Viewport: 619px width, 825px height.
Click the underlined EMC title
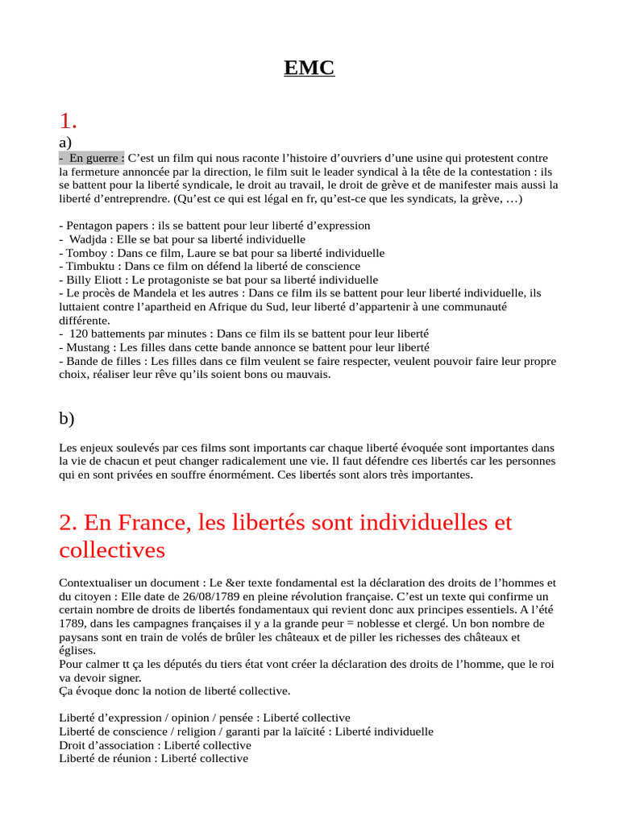click(x=309, y=68)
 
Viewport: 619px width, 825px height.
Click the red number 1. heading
click(x=69, y=121)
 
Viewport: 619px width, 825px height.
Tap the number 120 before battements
click(x=79, y=334)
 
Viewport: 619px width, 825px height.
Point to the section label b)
click(x=67, y=417)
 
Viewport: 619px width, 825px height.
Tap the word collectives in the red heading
click(x=112, y=550)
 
